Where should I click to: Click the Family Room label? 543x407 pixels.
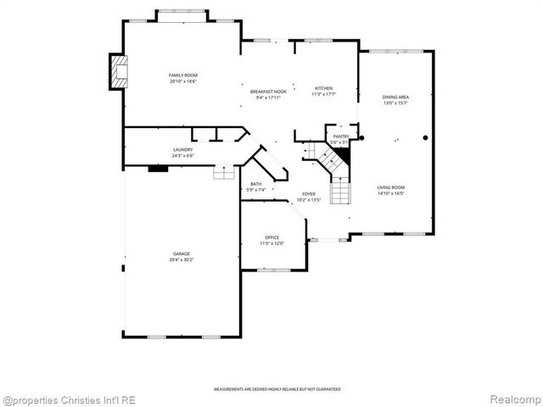[x=182, y=75]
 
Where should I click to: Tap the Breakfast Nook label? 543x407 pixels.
[x=268, y=92]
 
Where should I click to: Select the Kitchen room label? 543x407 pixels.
[x=323, y=88]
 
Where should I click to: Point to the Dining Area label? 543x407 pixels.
[x=395, y=98]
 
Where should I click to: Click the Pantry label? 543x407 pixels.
[x=341, y=137]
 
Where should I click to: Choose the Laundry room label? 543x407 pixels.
[x=182, y=150]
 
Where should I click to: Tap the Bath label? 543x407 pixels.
[x=255, y=184]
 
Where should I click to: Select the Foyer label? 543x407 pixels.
[x=309, y=194]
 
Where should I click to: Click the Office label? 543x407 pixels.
[x=271, y=237]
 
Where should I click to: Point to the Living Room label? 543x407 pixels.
[x=391, y=187]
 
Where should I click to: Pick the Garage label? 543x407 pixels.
[x=182, y=254]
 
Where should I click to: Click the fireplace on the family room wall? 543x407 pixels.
[x=119, y=71]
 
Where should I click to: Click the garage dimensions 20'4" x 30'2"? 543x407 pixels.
[x=182, y=259]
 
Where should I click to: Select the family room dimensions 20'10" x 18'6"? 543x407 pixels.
[x=182, y=81]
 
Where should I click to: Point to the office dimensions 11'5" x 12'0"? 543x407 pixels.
[x=271, y=243]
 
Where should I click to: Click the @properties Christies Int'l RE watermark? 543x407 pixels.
[x=68, y=399]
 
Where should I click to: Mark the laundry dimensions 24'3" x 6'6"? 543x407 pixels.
[x=182, y=156]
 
